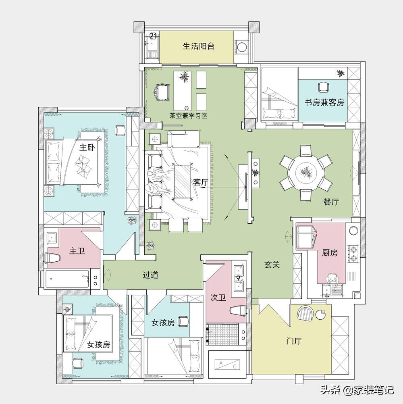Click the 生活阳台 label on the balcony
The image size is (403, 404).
point(199,46)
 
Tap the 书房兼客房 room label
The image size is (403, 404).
point(324,102)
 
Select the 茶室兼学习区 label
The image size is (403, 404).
point(189,116)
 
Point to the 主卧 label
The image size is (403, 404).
point(87,148)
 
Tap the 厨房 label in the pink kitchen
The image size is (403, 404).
point(330,253)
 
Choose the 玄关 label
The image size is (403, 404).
point(272,264)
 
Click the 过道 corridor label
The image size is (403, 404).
point(150,275)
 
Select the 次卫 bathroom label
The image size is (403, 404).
point(218,298)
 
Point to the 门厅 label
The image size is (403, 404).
point(294,341)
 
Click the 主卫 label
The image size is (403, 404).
point(77,251)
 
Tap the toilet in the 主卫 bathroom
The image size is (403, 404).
point(52,258)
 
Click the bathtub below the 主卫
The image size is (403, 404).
point(67,279)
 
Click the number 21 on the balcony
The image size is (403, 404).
point(153,35)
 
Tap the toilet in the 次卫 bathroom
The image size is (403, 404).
point(238,310)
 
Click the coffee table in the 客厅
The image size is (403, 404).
point(182,182)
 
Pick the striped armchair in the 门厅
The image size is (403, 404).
point(305,313)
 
